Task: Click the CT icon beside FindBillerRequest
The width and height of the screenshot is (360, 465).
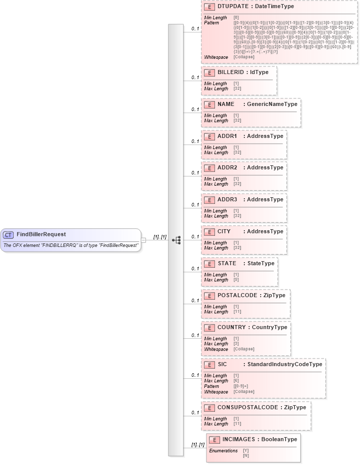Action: tap(8, 235)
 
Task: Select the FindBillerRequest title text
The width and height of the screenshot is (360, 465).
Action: tap(41, 234)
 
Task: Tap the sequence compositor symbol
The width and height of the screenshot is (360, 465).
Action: tap(176, 240)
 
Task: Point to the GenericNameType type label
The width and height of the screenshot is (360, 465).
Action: tap(272, 104)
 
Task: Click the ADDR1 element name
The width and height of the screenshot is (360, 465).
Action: tap(227, 136)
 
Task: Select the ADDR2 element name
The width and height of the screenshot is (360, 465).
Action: tap(227, 167)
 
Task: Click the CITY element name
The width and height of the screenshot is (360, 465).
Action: tap(224, 231)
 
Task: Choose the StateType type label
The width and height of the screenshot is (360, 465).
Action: tap(261, 263)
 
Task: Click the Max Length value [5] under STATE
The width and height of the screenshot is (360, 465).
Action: tap(237, 280)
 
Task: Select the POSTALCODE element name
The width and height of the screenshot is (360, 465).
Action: tap(237, 295)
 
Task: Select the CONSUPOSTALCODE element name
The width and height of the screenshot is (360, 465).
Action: tap(247, 407)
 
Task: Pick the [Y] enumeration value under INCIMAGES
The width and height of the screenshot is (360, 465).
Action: tap(246, 450)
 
